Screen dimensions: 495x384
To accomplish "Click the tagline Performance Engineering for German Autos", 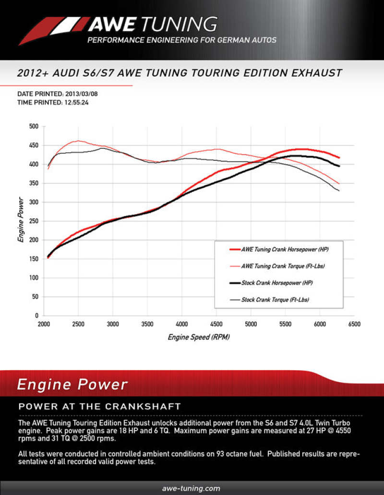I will click(181, 40).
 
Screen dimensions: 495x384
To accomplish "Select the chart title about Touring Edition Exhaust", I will click(179, 73).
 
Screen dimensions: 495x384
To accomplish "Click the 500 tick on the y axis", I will click(33, 126).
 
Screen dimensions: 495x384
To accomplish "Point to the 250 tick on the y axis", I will click(33, 221).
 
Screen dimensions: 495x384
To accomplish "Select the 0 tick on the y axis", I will click(36, 316).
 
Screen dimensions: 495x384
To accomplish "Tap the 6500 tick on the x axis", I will click(354, 325).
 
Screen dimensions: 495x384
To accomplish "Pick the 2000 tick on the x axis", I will click(44, 325).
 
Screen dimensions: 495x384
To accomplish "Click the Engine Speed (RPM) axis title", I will click(199, 337).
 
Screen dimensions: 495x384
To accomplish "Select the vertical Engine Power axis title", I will click(21, 221).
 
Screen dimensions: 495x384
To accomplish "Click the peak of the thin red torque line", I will click(78, 141).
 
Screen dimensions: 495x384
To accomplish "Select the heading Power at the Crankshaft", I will click(99, 407).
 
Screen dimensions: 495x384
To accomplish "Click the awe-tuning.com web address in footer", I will click(192, 488).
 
